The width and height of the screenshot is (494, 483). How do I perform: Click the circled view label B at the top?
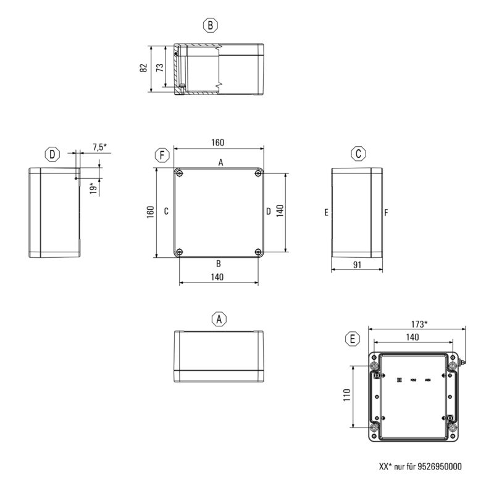tap(211, 25)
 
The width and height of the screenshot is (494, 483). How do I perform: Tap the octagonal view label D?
tap(52, 154)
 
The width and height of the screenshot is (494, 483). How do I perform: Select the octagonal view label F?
tap(162, 154)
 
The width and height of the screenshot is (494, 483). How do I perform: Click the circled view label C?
tap(359, 154)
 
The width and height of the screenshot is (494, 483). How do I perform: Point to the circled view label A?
tap(219, 319)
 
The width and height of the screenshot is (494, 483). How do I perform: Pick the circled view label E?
tap(352, 339)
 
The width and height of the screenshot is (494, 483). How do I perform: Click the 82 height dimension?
tap(143, 68)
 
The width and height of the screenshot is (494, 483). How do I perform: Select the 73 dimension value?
tap(160, 68)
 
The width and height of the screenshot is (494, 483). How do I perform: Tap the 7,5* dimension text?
tap(99, 147)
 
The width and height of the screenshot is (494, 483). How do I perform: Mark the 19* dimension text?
tap(93, 187)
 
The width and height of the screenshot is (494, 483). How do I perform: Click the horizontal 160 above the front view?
tap(218, 142)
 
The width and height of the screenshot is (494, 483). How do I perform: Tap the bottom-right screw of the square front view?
tap(258, 252)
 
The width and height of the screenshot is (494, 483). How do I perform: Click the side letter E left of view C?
tap(325, 213)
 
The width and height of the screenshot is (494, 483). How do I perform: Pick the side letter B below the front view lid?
tap(218, 263)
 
